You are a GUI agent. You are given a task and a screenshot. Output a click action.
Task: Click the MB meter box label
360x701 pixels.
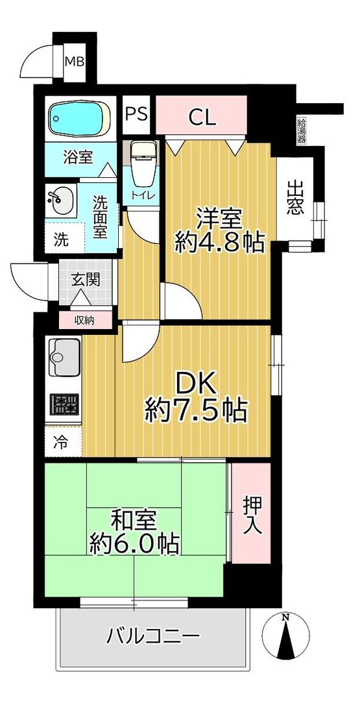(75, 61)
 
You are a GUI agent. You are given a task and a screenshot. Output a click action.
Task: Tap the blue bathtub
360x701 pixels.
(80, 117)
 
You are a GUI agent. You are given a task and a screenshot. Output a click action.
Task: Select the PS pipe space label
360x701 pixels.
(137, 115)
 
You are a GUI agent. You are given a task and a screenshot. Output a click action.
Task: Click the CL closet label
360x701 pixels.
(202, 117)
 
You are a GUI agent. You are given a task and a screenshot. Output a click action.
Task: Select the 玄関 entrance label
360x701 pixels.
(85, 280)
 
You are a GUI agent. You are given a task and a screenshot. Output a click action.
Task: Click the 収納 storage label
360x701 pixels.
(84, 320)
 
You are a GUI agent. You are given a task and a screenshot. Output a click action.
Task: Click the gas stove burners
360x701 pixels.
(64, 404)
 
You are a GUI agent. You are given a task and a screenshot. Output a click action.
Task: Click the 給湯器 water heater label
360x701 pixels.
(302, 129)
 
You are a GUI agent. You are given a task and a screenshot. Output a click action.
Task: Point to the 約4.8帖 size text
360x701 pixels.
(219, 242)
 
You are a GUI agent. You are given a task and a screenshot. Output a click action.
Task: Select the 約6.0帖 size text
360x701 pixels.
(134, 544)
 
